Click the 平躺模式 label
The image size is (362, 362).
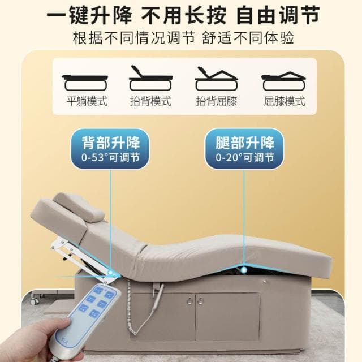(87, 102)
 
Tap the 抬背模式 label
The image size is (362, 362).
(151, 102)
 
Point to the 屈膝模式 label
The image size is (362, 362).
(284, 102)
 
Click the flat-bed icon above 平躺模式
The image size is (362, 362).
(87, 80)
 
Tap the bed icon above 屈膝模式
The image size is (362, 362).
(284, 80)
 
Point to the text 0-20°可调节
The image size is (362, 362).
(245, 157)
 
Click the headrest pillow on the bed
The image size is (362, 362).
(79, 206)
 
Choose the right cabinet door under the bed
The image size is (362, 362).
(227, 317)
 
